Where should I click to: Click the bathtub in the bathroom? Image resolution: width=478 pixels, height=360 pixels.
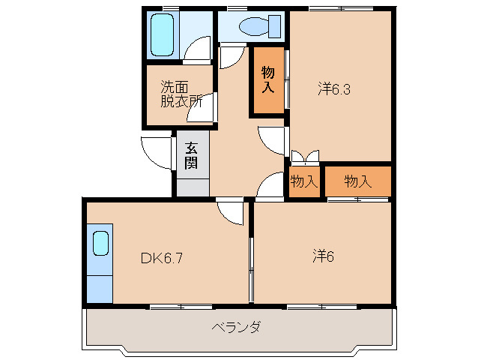pos(163,34)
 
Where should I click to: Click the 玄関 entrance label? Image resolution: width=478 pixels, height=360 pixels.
pos(192,156)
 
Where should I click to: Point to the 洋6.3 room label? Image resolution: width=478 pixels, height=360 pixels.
pos(334,89)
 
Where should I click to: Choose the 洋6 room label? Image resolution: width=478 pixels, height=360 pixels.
pos(323,256)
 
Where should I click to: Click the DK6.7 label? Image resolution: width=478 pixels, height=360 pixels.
pos(162,259)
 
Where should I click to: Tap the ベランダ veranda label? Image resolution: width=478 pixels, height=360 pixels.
pos(235,328)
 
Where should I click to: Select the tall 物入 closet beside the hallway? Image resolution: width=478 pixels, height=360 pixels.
pos(267,80)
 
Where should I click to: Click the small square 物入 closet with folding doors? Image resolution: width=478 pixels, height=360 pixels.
pos(303,181)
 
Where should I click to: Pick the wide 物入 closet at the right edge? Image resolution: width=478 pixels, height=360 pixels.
pos(357,181)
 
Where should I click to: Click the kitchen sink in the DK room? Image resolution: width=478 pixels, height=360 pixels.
pos(100,244)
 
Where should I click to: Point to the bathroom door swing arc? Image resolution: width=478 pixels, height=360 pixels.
pos(199,49)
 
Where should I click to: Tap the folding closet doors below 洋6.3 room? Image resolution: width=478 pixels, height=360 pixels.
pos(304,157)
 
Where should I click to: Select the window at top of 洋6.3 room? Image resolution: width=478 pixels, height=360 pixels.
pos(340,9)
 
